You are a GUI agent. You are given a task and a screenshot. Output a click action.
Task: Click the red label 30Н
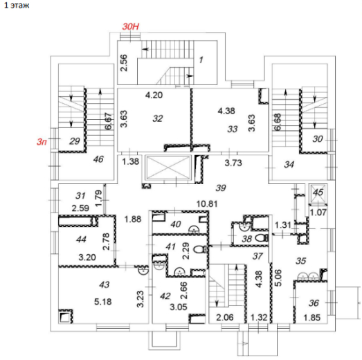point(131,26)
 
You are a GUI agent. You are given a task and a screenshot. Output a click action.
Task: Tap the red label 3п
point(42,141)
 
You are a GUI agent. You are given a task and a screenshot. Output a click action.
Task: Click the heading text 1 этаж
point(17,5)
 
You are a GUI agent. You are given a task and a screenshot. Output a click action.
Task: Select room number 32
point(158,118)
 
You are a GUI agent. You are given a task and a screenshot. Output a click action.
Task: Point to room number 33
point(233,129)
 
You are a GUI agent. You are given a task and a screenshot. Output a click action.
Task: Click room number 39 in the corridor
point(221,188)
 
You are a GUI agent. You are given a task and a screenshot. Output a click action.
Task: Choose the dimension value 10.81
point(207,204)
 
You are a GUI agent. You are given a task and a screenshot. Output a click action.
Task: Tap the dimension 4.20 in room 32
point(154,95)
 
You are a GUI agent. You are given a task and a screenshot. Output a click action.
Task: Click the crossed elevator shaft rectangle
point(168,168)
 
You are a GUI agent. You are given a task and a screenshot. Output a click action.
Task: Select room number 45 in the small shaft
point(318,192)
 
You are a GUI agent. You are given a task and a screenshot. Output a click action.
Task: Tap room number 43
point(104,285)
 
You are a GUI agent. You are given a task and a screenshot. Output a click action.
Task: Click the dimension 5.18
point(102,301)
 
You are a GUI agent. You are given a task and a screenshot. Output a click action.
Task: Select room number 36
point(314,303)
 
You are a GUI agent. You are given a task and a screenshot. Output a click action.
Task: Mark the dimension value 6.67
point(108,121)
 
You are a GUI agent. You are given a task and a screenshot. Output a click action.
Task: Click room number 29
point(75,141)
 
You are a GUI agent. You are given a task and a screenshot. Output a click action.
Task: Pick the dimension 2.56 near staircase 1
point(124,62)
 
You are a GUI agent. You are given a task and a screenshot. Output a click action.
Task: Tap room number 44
point(81,240)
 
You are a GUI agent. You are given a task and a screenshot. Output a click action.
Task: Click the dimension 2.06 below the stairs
point(225,317)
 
